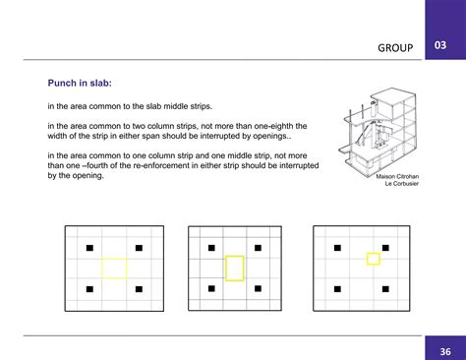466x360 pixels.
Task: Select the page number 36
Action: point(444,351)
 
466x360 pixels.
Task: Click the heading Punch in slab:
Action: point(85,85)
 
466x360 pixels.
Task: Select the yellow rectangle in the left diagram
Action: point(114,268)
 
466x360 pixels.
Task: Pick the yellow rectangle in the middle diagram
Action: point(235,268)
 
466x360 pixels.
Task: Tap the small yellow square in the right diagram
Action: point(373,259)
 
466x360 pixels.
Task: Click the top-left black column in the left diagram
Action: point(88,247)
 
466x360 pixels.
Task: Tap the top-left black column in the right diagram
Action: point(335,247)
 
